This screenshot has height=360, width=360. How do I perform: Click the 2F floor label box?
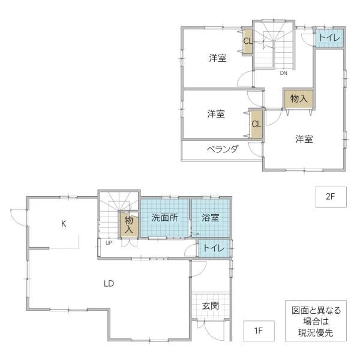click(331, 197)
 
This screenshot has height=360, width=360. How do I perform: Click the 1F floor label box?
click(259, 331)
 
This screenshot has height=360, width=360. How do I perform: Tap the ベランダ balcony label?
click(223, 149)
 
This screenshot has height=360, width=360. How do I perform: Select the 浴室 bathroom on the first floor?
click(211, 218)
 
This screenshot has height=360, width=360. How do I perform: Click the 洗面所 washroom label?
click(164, 218)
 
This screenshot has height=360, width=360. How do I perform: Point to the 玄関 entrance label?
click(211, 306)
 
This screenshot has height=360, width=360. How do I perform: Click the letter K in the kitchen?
click(64, 223)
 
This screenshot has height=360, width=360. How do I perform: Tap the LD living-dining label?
click(109, 284)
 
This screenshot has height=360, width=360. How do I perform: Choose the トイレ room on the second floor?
click(329, 38)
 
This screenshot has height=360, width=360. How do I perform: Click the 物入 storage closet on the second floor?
click(298, 99)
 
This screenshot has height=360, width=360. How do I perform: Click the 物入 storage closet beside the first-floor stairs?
click(129, 224)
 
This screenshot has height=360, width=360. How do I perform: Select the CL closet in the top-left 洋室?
click(248, 41)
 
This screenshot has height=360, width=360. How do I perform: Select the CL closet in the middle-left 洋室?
click(256, 124)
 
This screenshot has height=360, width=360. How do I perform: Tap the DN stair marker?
click(284, 73)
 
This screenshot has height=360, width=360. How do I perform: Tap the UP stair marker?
click(109, 242)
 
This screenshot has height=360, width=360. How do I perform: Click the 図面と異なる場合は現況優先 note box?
click(316, 320)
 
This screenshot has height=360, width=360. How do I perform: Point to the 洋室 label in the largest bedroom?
click(304, 139)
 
